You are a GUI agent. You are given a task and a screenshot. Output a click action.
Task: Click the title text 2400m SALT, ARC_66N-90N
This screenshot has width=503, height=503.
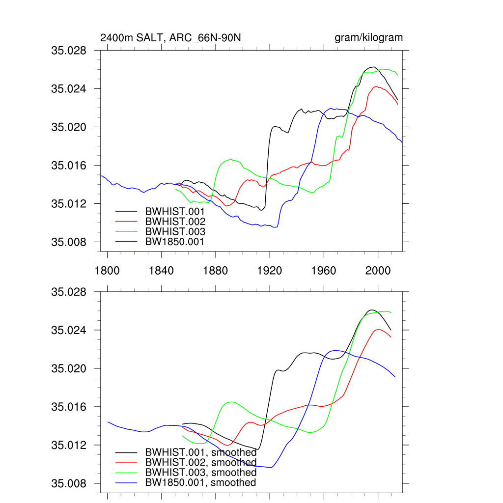(x=170, y=38)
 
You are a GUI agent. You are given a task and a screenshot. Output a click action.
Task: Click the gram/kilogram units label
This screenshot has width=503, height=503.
(x=368, y=38)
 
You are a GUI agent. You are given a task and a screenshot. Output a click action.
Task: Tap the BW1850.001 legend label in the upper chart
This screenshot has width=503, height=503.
(x=174, y=241)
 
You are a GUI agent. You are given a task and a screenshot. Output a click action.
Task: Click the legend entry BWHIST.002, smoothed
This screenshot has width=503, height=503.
(x=200, y=463)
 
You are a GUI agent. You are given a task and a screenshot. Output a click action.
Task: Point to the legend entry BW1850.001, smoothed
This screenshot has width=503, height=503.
(x=200, y=483)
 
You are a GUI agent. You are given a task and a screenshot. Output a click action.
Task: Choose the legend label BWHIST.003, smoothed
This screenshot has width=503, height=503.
(x=200, y=473)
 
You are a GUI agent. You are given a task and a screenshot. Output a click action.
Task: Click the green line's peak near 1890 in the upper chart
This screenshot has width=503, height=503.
(x=231, y=159)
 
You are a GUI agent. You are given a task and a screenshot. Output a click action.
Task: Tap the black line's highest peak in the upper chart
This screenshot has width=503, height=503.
(x=373, y=67)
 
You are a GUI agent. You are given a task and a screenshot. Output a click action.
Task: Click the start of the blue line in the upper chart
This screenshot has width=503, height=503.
(x=101, y=175)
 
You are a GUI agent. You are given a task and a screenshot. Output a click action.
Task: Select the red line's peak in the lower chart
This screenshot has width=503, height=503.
(x=379, y=330)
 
